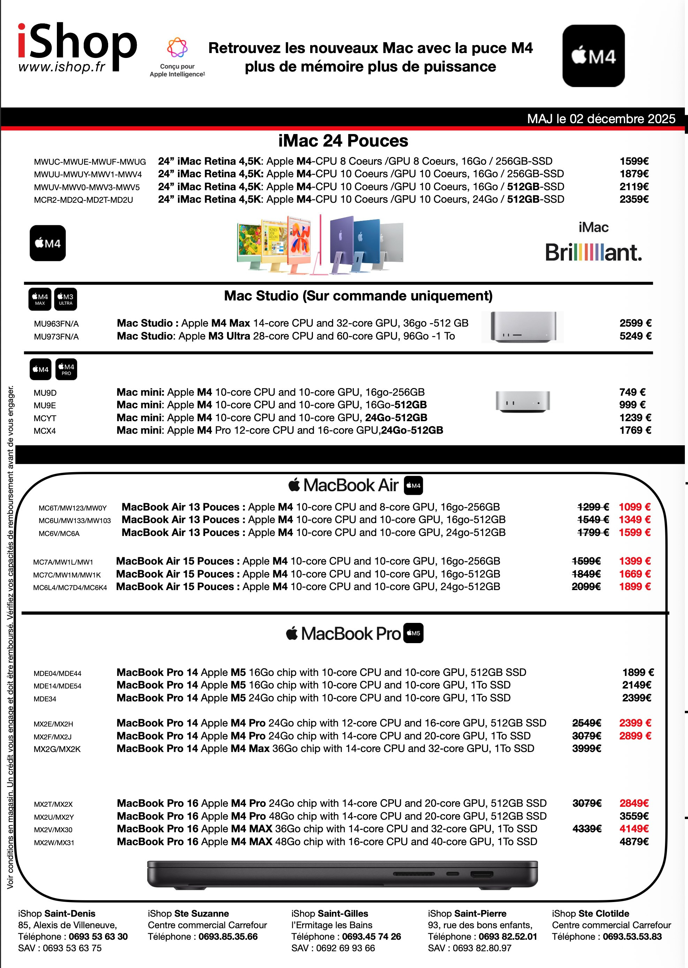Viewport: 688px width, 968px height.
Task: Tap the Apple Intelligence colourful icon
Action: click(177, 47)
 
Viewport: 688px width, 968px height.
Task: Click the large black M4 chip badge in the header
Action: click(593, 56)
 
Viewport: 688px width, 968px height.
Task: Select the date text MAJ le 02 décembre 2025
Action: click(601, 119)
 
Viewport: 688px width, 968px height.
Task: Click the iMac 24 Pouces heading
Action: click(343, 141)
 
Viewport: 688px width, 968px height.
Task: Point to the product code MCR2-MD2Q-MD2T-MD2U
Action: click(83, 200)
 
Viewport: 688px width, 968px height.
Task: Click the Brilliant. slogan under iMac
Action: click(593, 253)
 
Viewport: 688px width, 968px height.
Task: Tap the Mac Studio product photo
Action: click(523, 327)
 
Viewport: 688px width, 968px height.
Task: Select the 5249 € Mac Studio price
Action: click(635, 336)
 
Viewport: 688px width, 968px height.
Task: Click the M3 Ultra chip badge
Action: click(66, 299)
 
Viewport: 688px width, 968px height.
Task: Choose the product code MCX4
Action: click(45, 431)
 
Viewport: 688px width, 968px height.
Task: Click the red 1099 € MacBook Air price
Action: click(634, 507)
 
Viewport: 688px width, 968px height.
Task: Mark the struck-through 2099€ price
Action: click(586, 586)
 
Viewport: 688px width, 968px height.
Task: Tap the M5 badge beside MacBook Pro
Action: click(413, 633)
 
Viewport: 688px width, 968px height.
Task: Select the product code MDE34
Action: click(45, 699)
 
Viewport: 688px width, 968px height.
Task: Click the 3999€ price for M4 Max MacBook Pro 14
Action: click(586, 748)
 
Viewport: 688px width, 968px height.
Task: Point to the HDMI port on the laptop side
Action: click(482, 873)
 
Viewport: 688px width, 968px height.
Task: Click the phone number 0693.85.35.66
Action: click(228, 936)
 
